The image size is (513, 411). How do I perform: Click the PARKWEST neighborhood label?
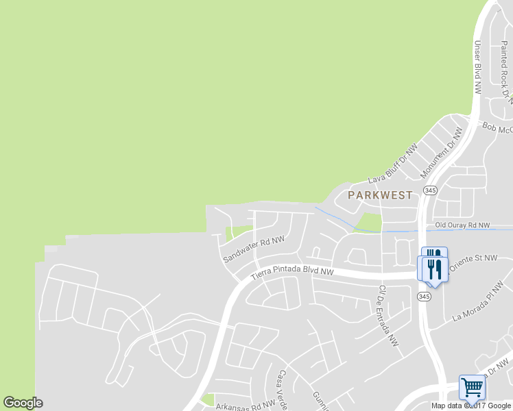[380, 195]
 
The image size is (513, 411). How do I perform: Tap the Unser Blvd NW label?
[478, 66]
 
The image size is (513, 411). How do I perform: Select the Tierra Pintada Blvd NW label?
[292, 273]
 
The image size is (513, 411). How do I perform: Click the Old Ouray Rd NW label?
[462, 225]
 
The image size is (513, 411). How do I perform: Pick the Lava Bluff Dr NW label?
[393, 164]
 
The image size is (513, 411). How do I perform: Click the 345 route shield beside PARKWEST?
[429, 190]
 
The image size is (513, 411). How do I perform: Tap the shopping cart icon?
[472, 387]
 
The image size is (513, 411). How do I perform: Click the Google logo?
[23, 403]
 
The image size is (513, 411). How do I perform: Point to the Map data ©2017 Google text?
[471, 406]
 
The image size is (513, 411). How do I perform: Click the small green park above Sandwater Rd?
[237, 233]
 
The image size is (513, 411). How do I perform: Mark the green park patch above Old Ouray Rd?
[368, 222]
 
